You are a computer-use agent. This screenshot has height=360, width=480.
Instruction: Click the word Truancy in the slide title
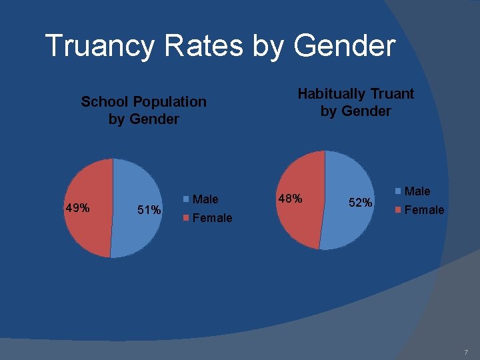(94, 46)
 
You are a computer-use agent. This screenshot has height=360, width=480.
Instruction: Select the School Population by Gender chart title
(143, 110)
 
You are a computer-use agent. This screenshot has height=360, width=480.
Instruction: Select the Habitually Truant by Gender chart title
(355, 102)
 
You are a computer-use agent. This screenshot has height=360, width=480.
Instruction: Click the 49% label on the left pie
(77, 208)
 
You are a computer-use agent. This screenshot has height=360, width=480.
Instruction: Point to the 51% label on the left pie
(149, 210)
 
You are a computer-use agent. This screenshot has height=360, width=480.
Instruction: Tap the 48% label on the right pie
(290, 199)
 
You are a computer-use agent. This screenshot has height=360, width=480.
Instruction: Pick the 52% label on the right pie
(361, 202)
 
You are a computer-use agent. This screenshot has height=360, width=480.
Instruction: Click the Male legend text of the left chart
(205, 199)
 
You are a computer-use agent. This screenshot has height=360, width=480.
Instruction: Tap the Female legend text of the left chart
(212, 218)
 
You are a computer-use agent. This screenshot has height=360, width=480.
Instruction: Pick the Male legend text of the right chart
(417, 191)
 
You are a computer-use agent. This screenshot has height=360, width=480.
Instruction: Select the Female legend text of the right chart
(424, 210)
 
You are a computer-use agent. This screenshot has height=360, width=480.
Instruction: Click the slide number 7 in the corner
(466, 351)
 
